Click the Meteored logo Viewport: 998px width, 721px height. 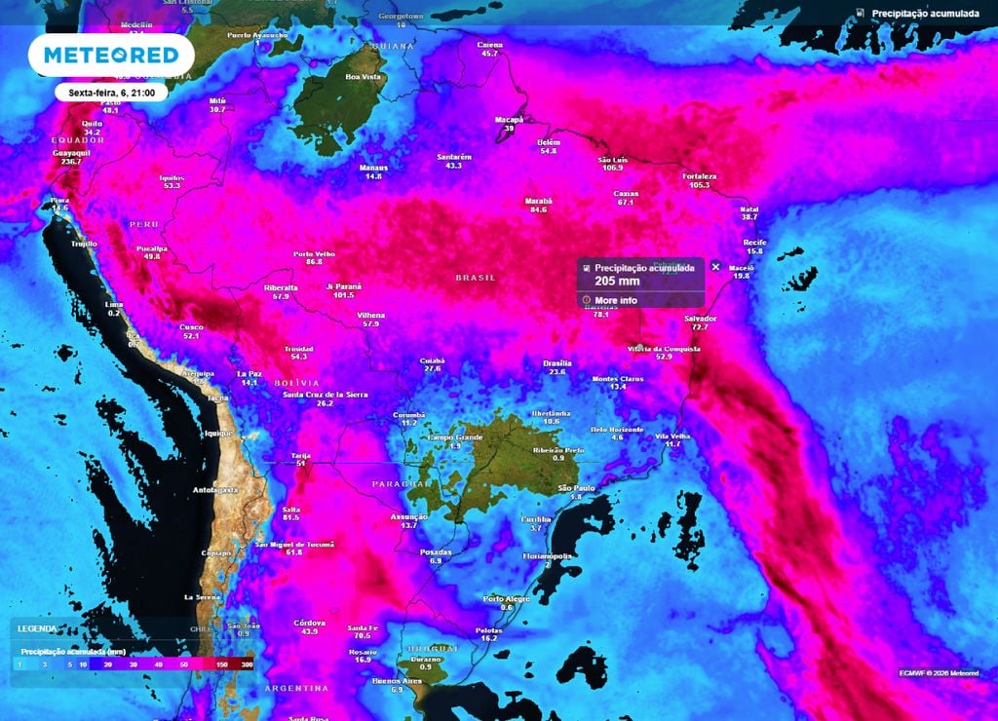pos(104,55)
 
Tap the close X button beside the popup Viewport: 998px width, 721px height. pos(715,266)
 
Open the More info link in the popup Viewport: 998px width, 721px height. pos(616,300)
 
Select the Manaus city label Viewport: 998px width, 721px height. pos(373,167)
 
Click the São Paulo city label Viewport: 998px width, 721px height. pos(576,487)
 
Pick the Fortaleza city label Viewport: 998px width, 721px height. pos(700,176)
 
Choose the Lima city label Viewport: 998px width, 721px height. pos(114,304)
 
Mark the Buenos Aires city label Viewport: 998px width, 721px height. pos(397,680)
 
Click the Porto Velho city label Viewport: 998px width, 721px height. pos(314,253)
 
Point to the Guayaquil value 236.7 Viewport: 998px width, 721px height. pos(70,161)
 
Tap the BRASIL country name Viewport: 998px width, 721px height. pos(476,278)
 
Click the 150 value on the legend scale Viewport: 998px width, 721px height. pos(222,664)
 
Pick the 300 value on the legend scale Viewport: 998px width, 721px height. pos(247,664)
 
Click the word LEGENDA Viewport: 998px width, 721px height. pos(36,628)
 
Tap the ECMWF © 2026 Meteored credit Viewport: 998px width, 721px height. pos(939,672)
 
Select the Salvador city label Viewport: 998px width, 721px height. pos(701,319)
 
